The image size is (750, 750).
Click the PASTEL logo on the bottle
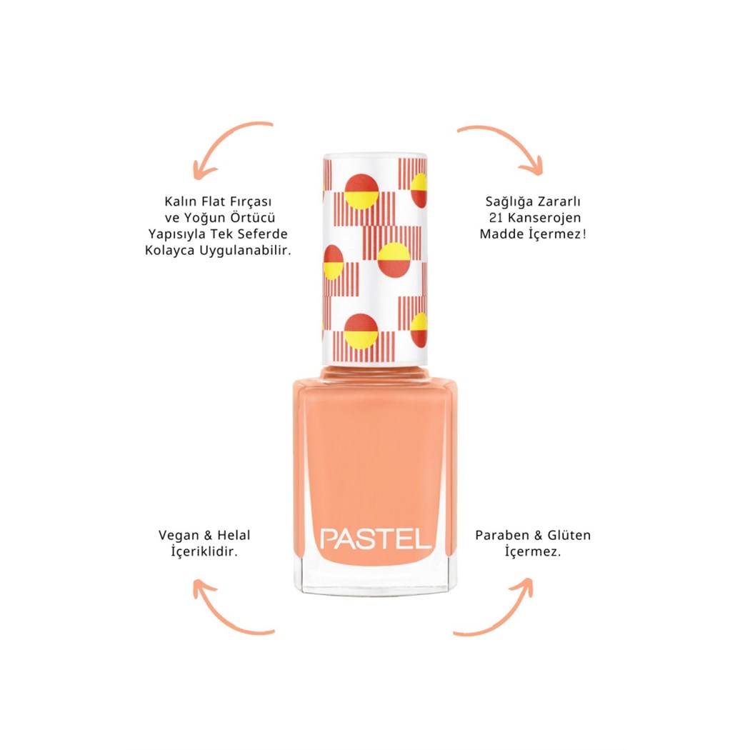(x=376, y=539)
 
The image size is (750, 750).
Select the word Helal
(x=234, y=535)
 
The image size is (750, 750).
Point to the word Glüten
(x=569, y=535)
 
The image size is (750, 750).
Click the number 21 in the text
(x=496, y=218)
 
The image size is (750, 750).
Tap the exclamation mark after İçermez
(x=584, y=234)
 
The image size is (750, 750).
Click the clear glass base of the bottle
(x=376, y=580)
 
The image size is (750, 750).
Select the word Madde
(x=502, y=234)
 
